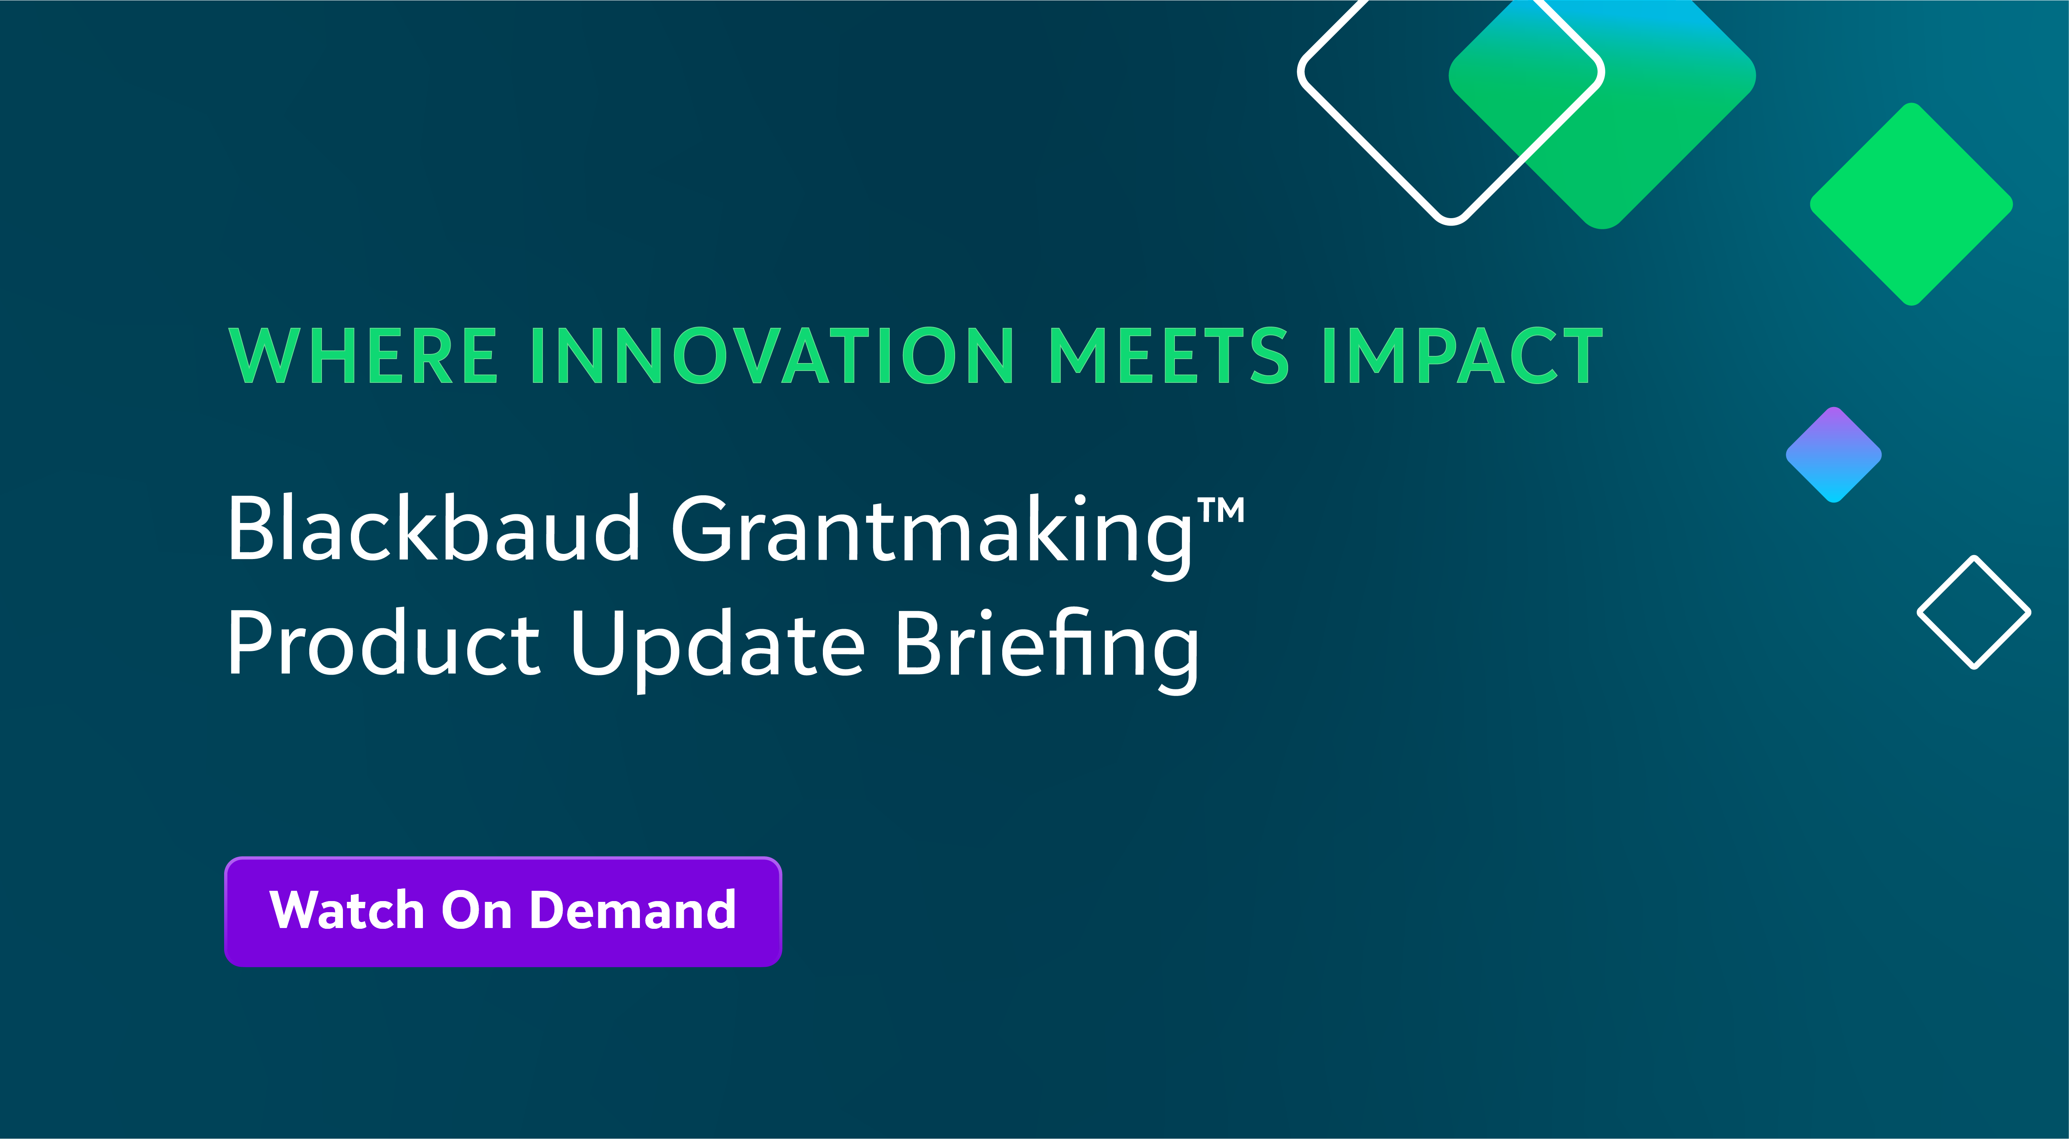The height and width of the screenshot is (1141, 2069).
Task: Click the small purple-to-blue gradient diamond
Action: pyautogui.click(x=1834, y=454)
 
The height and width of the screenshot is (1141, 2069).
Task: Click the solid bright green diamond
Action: pyautogui.click(x=1911, y=204)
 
